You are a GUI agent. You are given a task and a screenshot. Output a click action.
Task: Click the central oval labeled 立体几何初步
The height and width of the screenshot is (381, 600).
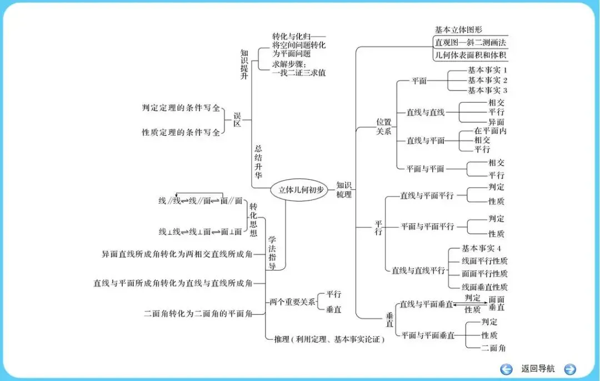(301, 189)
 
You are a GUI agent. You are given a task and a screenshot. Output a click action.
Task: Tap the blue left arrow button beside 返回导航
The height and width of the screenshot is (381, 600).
(506, 369)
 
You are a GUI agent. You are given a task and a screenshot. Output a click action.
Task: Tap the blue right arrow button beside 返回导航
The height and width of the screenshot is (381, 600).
(570, 369)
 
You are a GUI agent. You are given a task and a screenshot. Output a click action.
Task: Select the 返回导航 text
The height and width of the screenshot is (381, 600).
(538, 369)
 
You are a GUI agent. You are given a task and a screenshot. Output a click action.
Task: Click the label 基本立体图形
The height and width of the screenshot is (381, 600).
(458, 29)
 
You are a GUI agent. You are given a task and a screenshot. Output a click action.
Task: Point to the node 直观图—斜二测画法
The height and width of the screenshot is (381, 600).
(470, 42)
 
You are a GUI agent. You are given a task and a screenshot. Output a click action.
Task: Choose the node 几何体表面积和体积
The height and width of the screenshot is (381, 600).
(470, 55)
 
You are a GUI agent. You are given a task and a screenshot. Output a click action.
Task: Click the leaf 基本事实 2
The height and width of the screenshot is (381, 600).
(487, 80)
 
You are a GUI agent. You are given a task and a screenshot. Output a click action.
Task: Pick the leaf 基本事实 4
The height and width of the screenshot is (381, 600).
(482, 248)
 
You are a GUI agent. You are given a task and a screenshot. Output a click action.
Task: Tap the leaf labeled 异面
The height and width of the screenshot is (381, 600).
(496, 122)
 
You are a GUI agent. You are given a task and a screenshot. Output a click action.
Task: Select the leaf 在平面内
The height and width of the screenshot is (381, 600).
(491, 131)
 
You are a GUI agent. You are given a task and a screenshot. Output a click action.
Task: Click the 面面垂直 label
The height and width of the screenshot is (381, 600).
(497, 303)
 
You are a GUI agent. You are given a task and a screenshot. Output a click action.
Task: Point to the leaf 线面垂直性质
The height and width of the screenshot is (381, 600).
(484, 287)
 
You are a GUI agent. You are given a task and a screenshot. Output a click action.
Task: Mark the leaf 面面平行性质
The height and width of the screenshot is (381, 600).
(484, 274)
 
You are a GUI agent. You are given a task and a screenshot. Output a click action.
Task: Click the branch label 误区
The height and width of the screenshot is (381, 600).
(237, 119)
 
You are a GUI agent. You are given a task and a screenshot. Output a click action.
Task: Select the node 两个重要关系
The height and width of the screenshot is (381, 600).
(292, 302)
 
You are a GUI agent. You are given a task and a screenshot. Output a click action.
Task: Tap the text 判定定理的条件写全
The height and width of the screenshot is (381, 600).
(181, 108)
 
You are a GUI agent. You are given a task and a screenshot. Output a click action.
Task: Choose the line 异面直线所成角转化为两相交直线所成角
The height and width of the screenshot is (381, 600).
(177, 254)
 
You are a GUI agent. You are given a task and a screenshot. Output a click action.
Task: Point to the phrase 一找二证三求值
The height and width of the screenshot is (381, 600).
(299, 73)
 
